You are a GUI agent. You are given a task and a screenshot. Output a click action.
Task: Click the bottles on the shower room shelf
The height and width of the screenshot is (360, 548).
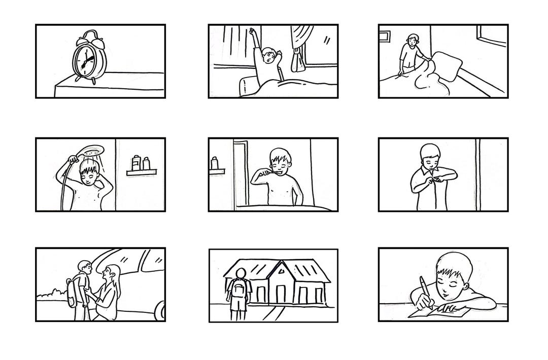pyautogui.click(x=141, y=163)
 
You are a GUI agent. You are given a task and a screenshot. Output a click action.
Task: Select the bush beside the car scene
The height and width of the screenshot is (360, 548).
pyautogui.click(x=52, y=294)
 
